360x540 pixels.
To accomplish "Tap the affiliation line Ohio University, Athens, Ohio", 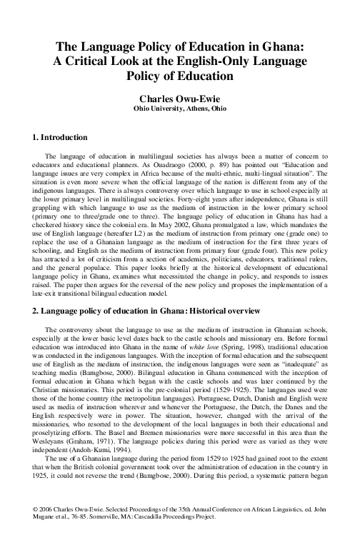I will pos(180,110).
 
